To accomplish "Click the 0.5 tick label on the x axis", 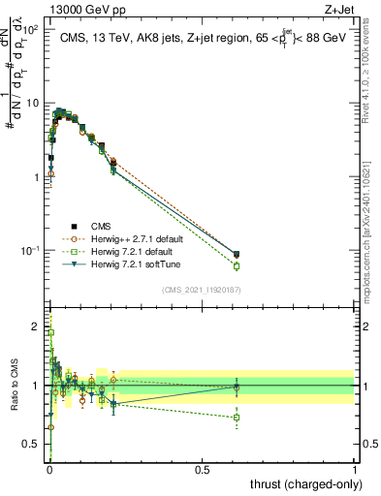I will click(203, 467).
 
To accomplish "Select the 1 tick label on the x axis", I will click(355, 467).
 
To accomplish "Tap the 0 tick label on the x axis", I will click(49, 467).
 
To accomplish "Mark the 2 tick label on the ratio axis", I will click(37, 326).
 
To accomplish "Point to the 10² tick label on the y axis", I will click(34, 29).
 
